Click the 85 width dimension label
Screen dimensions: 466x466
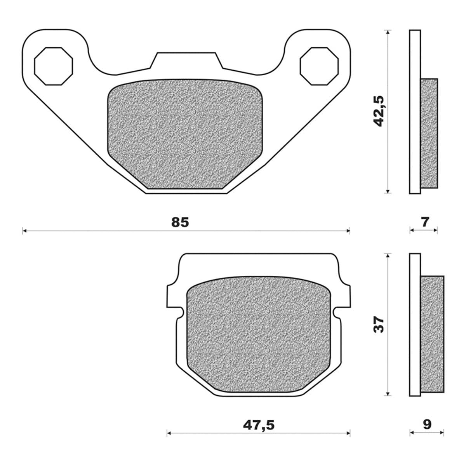pos(180,222)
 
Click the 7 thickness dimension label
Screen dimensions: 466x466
pos(425,222)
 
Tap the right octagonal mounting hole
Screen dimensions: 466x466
pos(319,66)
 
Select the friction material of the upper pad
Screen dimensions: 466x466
pos(184,134)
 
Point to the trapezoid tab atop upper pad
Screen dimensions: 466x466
pos(186,60)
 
